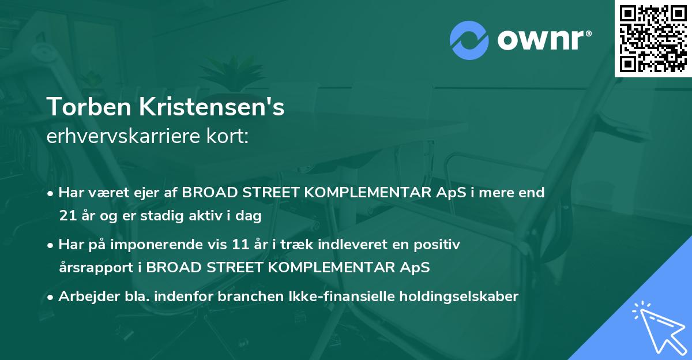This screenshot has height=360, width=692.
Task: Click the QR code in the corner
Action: pos(653,39)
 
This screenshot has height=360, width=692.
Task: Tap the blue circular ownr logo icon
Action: pos(468,40)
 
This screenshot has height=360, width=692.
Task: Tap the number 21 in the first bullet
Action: pos(67,216)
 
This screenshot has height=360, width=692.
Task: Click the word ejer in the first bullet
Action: pos(150,193)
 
